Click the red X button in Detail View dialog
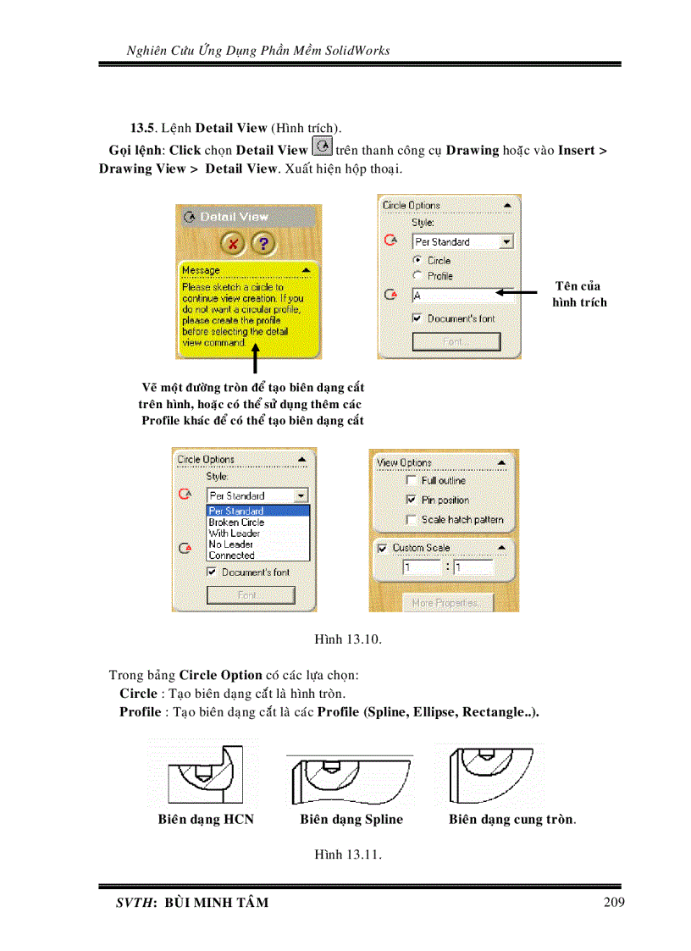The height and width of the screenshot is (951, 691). tap(233, 244)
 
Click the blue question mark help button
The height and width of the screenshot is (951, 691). tap(264, 244)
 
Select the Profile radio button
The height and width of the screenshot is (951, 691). tap(417, 276)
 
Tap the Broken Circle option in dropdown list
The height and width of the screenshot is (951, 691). tap(236, 522)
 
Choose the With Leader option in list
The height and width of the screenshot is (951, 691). tap(235, 534)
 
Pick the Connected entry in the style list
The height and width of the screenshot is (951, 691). tap(231, 556)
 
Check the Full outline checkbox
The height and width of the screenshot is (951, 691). tap(412, 480)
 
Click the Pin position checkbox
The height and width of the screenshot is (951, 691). tap(412, 500)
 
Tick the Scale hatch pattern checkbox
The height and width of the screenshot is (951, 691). tap(412, 519)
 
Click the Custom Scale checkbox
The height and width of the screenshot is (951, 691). tap(382, 548)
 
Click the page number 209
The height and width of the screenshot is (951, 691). tap(615, 902)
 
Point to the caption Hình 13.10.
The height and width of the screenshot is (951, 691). tap(348, 639)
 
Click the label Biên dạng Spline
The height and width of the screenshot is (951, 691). tap(351, 819)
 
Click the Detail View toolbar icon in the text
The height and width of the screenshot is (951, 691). tap(322, 147)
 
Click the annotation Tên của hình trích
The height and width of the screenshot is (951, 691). tap(579, 294)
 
